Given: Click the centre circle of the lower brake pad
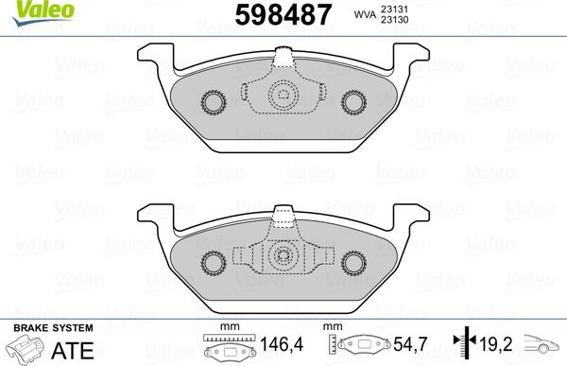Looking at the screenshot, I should coord(282,254).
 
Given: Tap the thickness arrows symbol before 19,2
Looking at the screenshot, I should coord(463,347).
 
